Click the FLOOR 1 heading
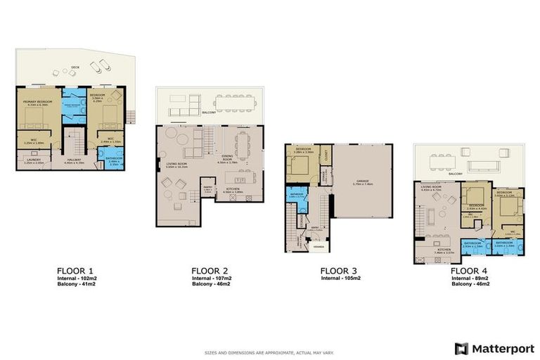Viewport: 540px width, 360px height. [x=75, y=270]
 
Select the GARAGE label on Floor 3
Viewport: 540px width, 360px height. [x=363, y=181]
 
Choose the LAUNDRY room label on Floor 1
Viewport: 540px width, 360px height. [x=30, y=161]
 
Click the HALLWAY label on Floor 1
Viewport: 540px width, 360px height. [x=75, y=161]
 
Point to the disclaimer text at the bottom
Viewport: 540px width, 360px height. [x=270, y=349]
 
